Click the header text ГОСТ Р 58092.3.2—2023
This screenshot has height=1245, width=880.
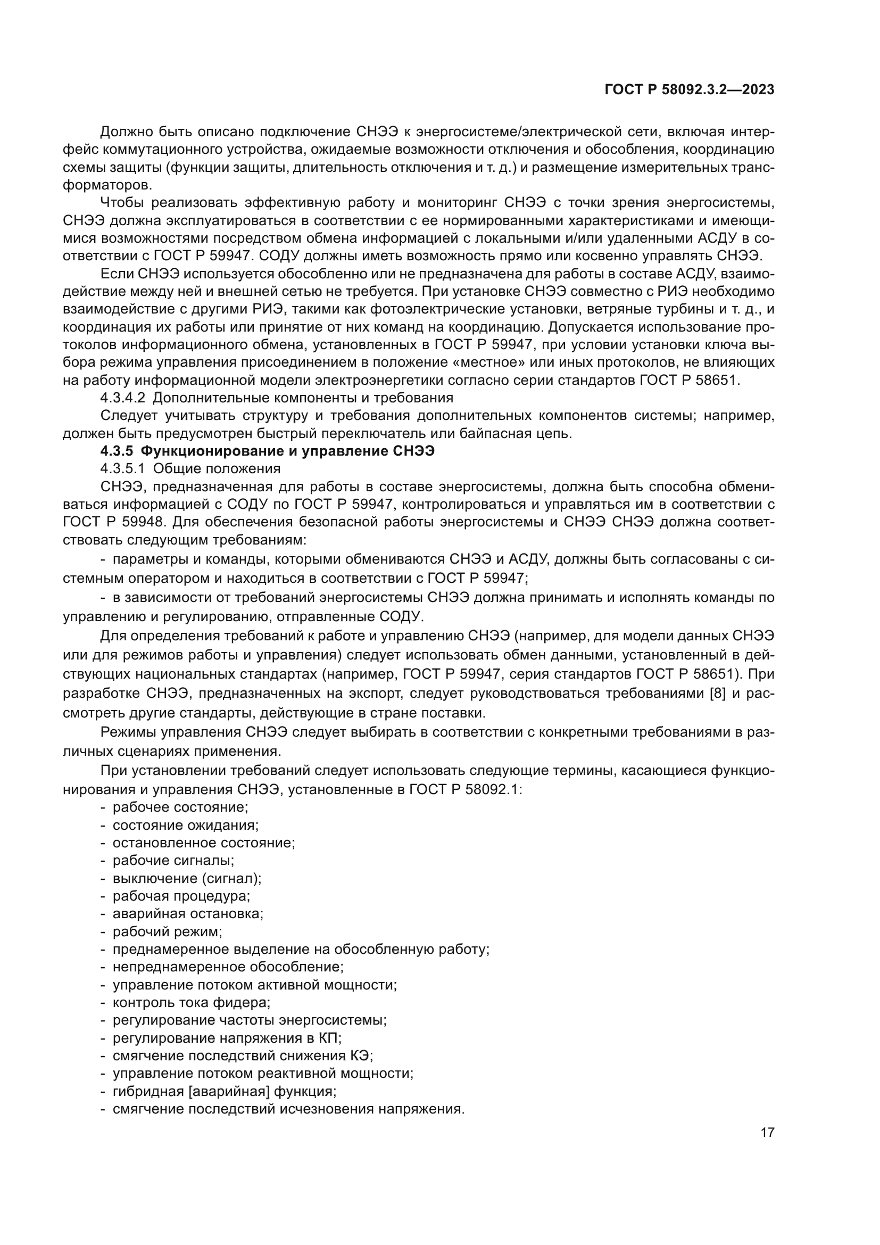pyautogui.click(x=689, y=90)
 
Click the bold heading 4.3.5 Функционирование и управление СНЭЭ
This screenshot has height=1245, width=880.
pyautogui.click(x=268, y=451)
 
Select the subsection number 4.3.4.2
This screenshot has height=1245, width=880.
pyautogui.click(x=122, y=398)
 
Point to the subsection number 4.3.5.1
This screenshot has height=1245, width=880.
pyautogui.click(x=122, y=469)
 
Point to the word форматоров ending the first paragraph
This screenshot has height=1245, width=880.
pyautogui.click(x=107, y=185)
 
